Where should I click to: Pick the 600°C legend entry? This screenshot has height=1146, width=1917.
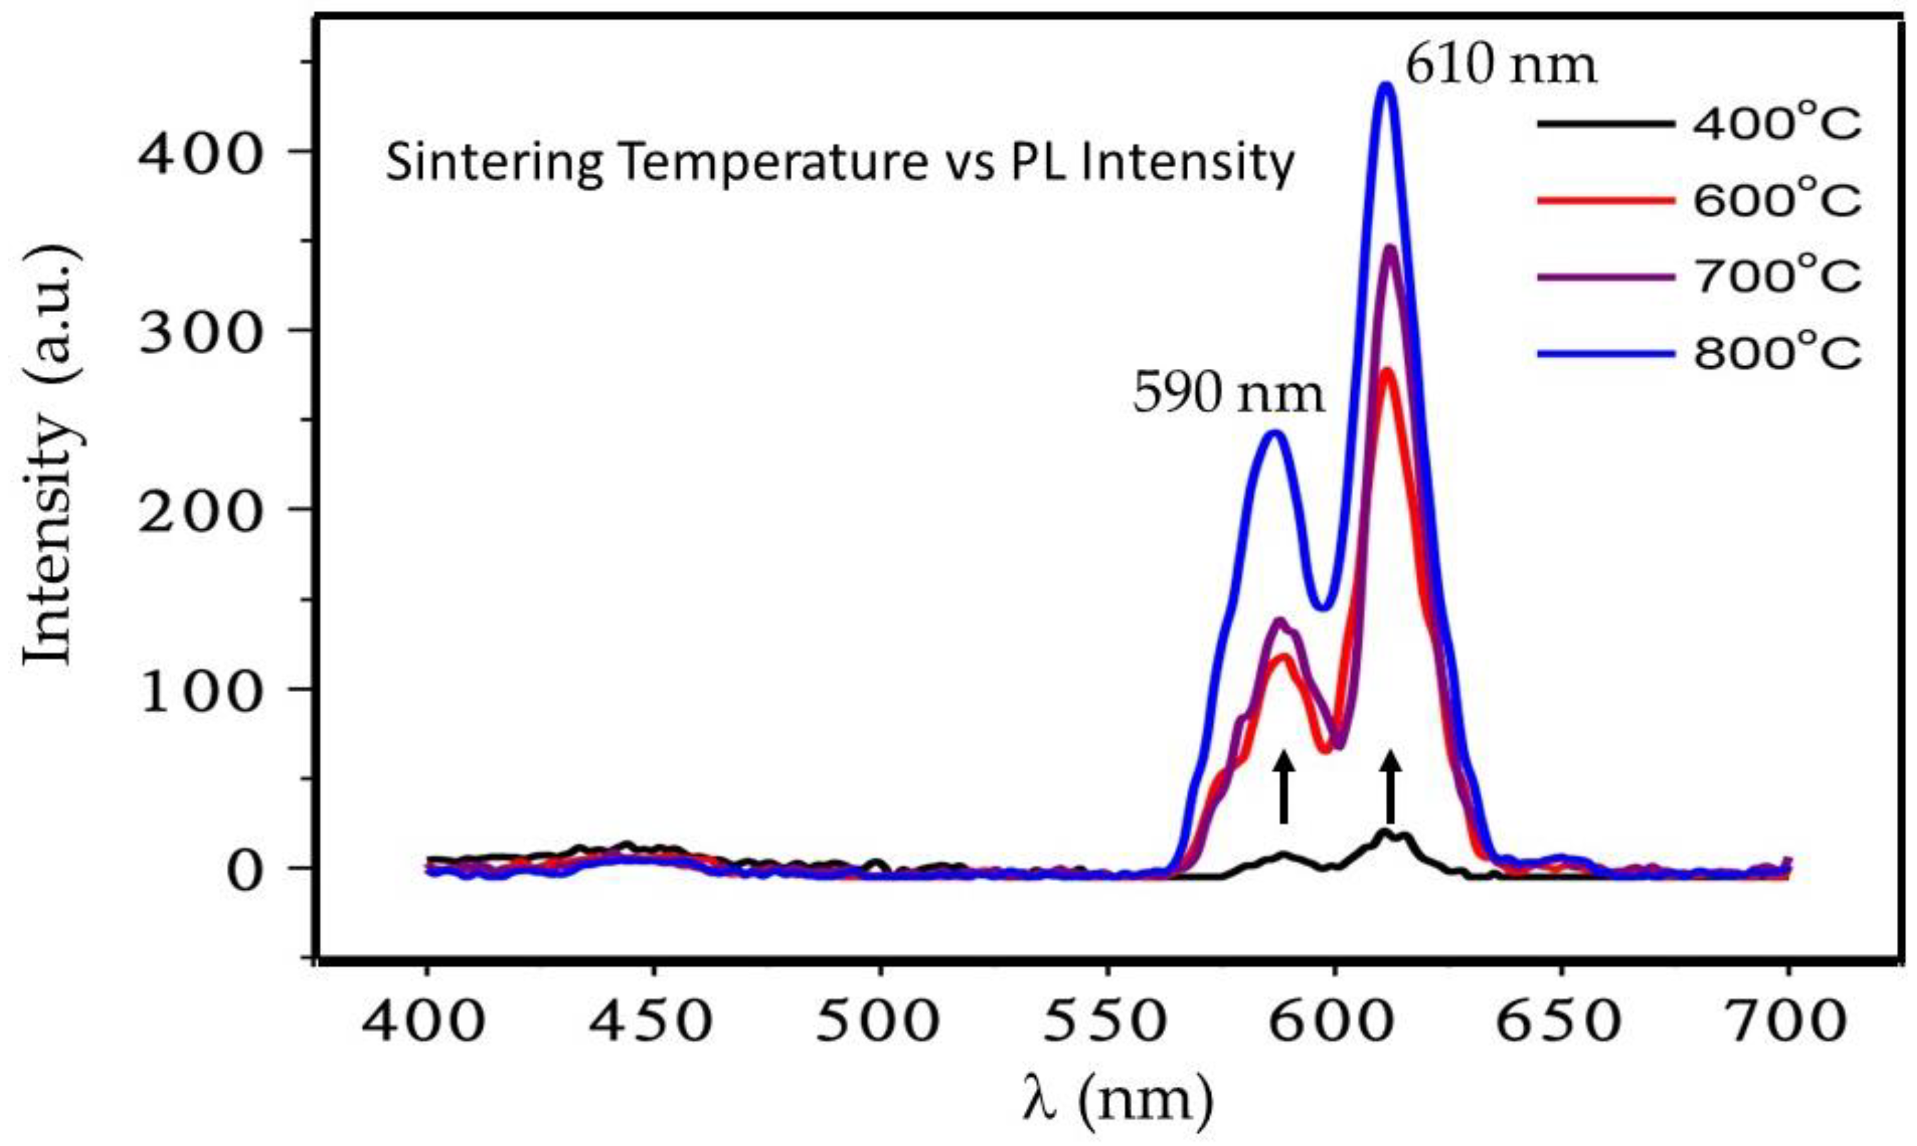coord(1699,201)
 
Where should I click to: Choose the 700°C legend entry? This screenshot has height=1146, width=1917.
coord(1699,277)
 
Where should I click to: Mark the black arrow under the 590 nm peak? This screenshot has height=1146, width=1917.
coord(1283,788)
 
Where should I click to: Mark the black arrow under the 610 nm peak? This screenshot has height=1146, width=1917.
coord(1390,788)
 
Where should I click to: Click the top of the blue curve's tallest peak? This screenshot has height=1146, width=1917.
coord(1386,87)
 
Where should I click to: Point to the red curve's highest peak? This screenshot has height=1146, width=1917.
coord(1386,373)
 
